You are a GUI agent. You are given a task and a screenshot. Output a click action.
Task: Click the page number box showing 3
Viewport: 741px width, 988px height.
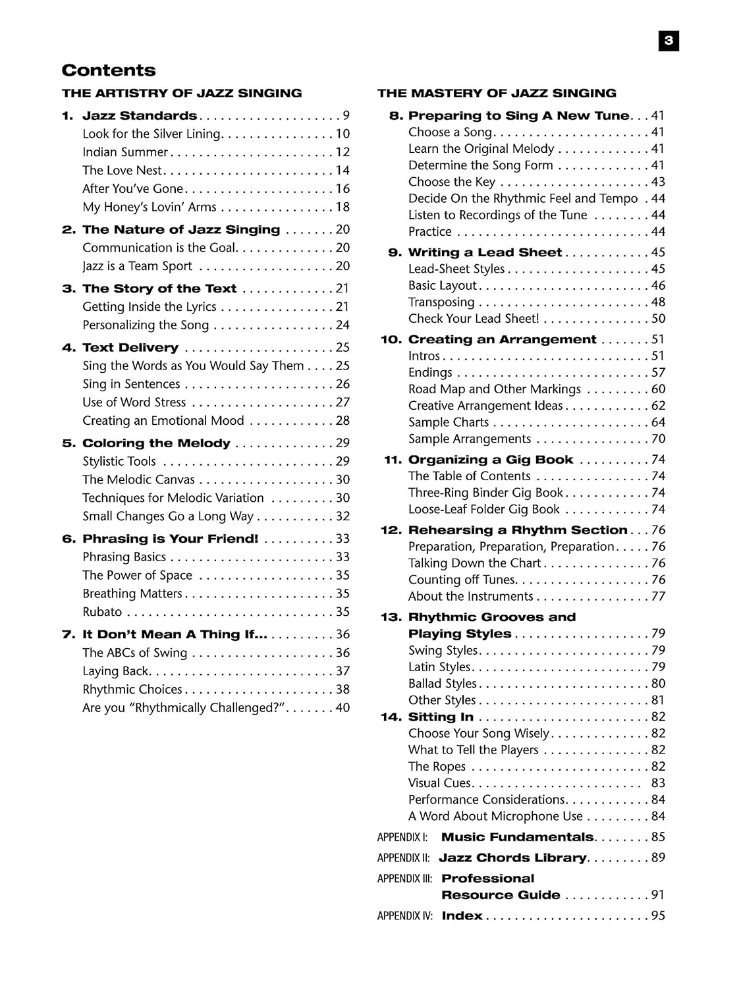pyautogui.click(x=669, y=41)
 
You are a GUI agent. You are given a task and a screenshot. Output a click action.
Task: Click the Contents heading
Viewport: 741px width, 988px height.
pyautogui.click(x=109, y=70)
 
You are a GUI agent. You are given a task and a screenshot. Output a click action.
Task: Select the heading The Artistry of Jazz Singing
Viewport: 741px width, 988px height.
pyautogui.click(x=182, y=93)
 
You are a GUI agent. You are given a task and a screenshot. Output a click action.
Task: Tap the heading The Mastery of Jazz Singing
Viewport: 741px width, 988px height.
pyautogui.click(x=497, y=93)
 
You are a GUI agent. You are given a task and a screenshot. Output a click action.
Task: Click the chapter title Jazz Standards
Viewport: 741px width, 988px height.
pyautogui.click(x=140, y=116)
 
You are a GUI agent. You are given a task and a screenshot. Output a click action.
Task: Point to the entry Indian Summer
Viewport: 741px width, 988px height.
pyautogui.click(x=125, y=152)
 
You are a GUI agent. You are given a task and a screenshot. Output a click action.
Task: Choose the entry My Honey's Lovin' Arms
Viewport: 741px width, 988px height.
pyautogui.click(x=150, y=207)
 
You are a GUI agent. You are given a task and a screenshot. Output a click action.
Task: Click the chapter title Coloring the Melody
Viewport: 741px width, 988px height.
pyautogui.click(x=156, y=443)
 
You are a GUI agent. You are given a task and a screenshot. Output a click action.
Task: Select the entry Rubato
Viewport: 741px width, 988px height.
pyautogui.click(x=102, y=612)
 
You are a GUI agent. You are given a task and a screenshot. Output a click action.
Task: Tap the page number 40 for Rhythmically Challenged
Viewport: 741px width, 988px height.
pyautogui.click(x=343, y=708)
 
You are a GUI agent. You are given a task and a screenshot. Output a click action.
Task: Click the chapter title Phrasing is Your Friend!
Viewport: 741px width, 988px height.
pyautogui.click(x=170, y=539)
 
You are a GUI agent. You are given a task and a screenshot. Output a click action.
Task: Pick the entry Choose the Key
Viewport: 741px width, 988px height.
pyautogui.click(x=452, y=182)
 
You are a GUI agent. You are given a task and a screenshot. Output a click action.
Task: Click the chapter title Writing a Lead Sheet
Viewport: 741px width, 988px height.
pyautogui.click(x=485, y=252)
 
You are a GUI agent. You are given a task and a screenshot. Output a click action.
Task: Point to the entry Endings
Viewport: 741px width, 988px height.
pyautogui.click(x=430, y=373)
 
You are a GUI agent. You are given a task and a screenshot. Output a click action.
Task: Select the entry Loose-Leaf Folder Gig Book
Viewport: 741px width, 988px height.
pyautogui.click(x=484, y=509)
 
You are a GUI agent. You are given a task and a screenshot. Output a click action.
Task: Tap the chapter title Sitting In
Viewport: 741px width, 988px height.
pyautogui.click(x=441, y=717)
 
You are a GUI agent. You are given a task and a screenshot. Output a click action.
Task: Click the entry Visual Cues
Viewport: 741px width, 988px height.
pyautogui.click(x=439, y=783)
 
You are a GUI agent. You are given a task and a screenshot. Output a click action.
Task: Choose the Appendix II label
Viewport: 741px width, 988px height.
pyautogui.click(x=403, y=858)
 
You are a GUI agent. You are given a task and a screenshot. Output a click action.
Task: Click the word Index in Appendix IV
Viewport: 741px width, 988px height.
pyautogui.click(x=462, y=916)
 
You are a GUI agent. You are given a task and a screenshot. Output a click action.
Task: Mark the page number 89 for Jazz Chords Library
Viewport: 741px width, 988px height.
pyautogui.click(x=658, y=858)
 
